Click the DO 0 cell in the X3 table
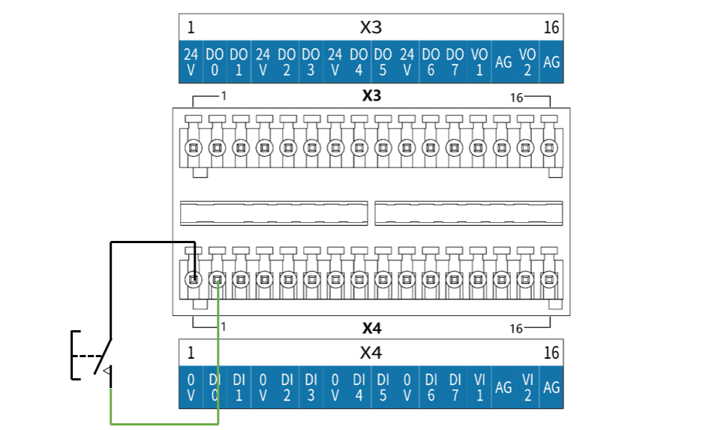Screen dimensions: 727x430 tap(215, 62)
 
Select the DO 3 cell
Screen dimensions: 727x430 tap(311, 62)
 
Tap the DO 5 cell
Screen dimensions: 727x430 tap(383, 62)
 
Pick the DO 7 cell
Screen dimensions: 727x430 tap(455, 62)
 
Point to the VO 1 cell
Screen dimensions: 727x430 tap(479, 62)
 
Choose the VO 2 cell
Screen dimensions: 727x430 tap(527, 62)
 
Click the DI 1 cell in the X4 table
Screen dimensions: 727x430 tap(239, 387)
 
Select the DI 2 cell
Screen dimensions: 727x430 tap(287, 387)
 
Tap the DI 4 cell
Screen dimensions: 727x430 tap(359, 387)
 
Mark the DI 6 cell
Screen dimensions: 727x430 tap(431, 387)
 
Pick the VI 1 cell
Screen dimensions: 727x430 tap(479, 387)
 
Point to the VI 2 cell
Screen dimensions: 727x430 tap(527, 387)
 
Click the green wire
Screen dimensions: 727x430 tap(164, 423)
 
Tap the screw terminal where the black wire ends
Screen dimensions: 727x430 tap(194, 280)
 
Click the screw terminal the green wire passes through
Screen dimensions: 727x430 tap(217, 280)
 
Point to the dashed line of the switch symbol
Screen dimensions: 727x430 tap(87, 356)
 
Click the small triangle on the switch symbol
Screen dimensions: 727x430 tap(107, 371)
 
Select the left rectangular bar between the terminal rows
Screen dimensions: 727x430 tap(274, 213)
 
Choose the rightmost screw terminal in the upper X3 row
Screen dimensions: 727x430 tap(549, 148)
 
